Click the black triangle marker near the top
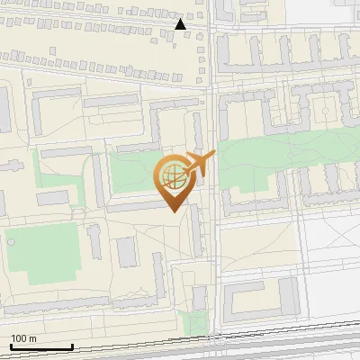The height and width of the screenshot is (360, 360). [181, 24]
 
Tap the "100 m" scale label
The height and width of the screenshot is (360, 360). [24, 338]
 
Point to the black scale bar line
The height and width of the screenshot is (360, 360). [41, 346]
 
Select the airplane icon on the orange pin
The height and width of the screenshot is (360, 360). [199, 164]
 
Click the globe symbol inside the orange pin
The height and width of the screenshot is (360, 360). [173, 176]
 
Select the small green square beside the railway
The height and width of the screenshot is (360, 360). [191, 320]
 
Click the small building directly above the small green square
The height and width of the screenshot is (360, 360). [200, 298]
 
